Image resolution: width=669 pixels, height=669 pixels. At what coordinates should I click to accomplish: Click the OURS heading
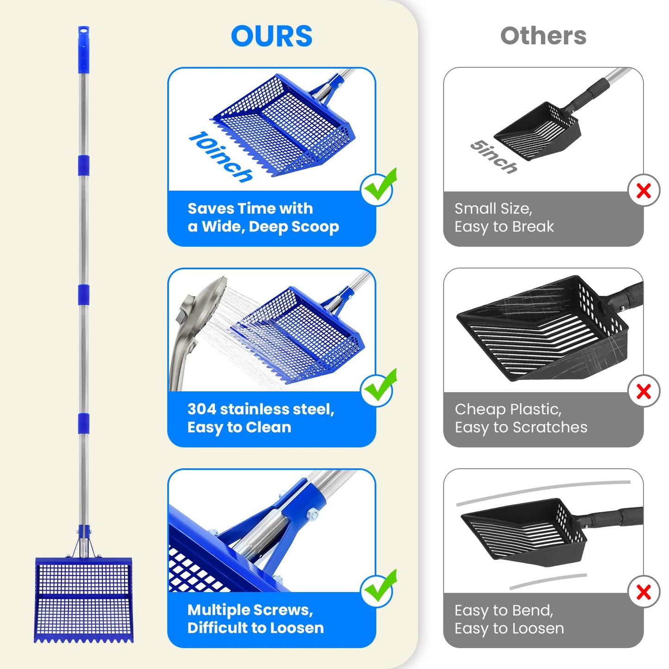coord(271,36)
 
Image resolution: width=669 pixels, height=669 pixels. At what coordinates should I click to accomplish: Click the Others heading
coord(544,36)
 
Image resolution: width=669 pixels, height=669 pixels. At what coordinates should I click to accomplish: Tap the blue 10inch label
coord(221,156)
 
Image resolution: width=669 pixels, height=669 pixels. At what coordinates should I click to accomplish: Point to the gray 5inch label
coord(494,156)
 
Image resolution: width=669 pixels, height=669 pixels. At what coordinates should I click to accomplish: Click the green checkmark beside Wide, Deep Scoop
coord(379,188)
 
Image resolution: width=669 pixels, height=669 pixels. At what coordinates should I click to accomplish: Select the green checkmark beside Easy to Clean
coord(379,388)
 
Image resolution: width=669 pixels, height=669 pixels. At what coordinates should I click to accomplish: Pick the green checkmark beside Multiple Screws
coord(379,589)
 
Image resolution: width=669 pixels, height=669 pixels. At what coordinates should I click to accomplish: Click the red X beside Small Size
coord(644,190)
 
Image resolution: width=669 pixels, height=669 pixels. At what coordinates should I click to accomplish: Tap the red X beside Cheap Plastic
coord(644,391)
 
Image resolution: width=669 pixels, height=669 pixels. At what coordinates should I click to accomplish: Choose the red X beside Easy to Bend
coord(644,592)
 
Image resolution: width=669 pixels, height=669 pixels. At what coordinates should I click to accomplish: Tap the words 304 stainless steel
coord(261,409)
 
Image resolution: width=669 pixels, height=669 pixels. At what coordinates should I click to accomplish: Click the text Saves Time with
coord(250,209)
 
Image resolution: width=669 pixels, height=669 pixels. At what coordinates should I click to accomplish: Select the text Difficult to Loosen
coord(256,628)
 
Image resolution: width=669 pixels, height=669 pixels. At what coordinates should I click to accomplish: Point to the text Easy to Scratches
coord(521,427)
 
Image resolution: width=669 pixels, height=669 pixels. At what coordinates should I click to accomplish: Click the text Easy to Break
coord(504,227)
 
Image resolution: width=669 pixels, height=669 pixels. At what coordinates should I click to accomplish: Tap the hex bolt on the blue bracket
coord(313,515)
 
